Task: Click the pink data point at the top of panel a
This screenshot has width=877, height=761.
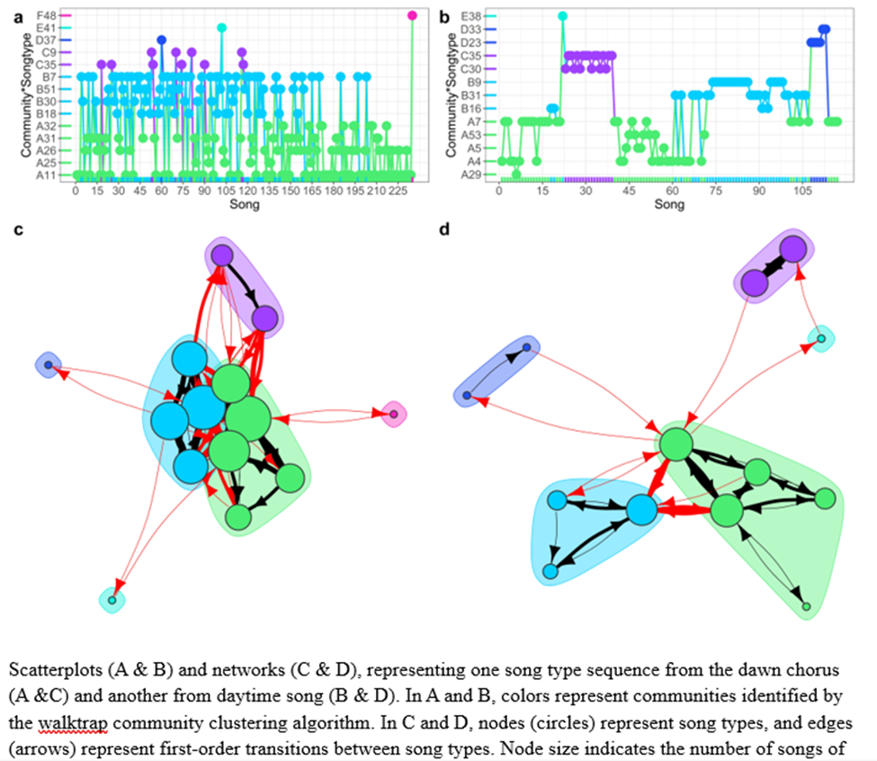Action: coord(412,15)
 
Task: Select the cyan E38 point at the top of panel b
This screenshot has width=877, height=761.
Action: coord(562,15)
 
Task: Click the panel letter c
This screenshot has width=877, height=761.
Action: coord(19,230)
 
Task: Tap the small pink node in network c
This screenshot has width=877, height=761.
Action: coord(393,414)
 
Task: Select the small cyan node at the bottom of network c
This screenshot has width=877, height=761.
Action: coord(112,600)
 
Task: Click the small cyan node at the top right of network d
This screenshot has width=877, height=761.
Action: coord(819,338)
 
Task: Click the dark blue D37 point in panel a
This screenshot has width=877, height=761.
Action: coord(161,40)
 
